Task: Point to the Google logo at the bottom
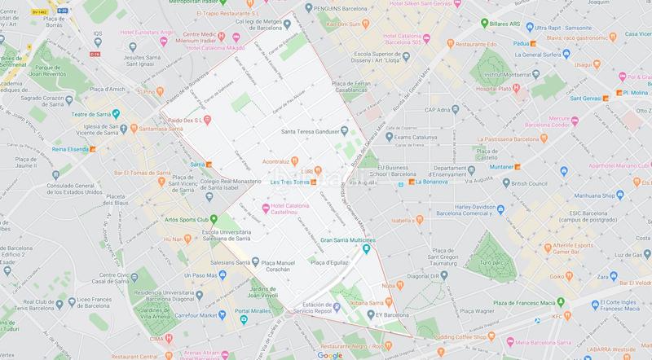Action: (330, 354)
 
